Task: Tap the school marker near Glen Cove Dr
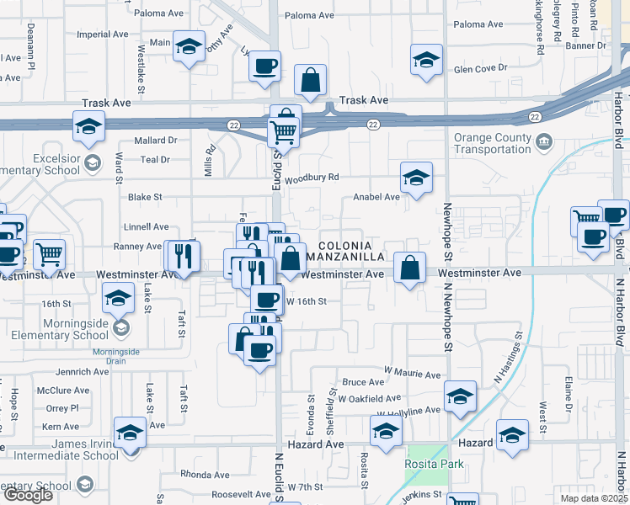click(426, 61)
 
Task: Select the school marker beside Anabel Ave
click(414, 178)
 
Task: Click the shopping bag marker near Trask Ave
click(311, 81)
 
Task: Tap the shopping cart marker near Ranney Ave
click(49, 252)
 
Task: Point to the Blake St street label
click(144, 197)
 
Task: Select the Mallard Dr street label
click(155, 141)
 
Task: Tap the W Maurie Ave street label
click(413, 375)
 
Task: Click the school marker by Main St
click(189, 45)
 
